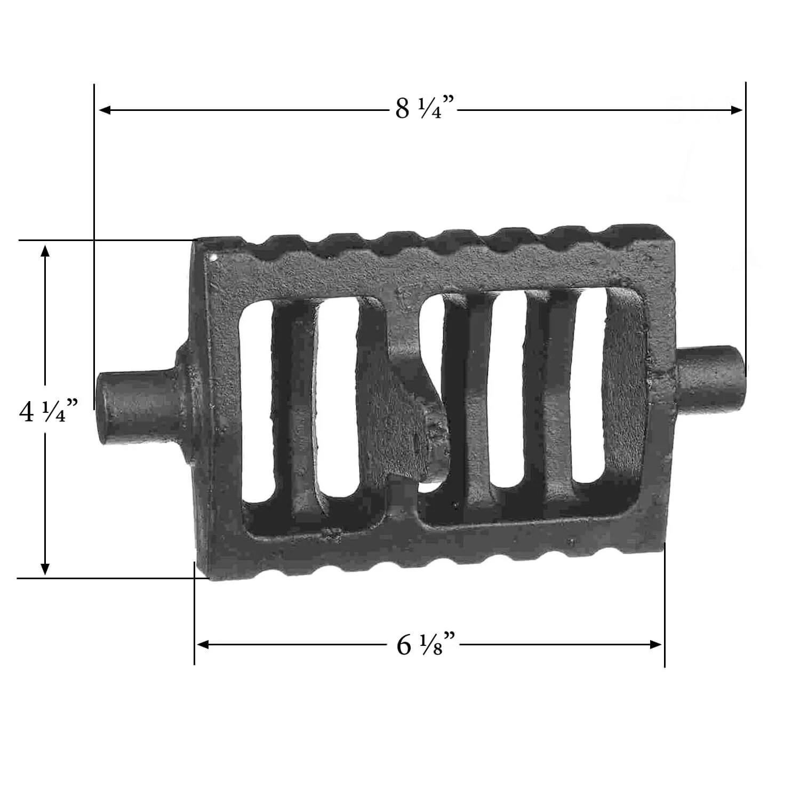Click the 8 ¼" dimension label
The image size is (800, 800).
[426, 108]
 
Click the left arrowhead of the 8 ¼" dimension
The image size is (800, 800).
[105, 110]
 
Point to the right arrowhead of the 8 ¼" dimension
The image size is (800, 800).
[737, 110]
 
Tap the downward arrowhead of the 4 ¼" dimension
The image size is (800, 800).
[45, 569]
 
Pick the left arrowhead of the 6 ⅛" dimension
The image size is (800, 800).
[203, 645]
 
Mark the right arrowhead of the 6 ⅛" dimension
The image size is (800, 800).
[655, 645]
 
